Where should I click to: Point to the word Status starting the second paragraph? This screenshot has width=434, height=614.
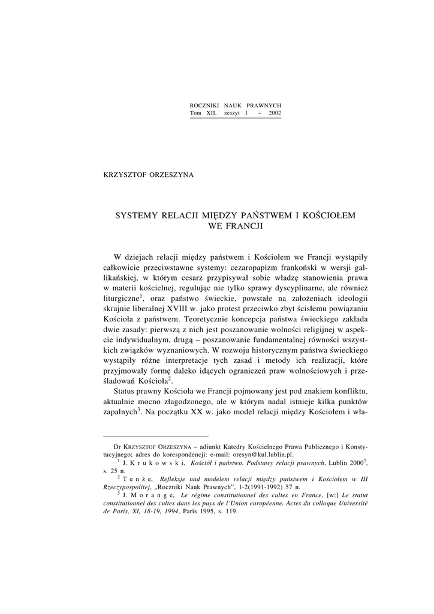[x=126, y=392]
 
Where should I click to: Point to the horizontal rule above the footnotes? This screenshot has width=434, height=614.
[x=156, y=437]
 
